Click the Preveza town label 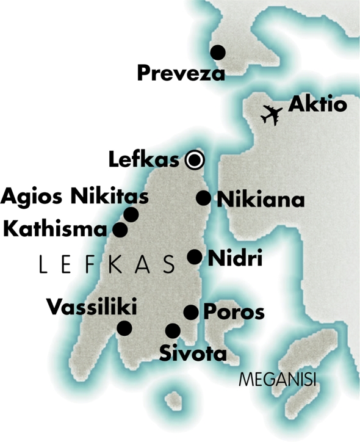[x=181, y=74]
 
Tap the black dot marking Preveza [x=218, y=53]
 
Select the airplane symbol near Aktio [x=271, y=114]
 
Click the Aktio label [x=317, y=104]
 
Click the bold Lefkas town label [x=144, y=160]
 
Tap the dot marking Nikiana [x=203, y=198]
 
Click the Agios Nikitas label [x=74, y=197]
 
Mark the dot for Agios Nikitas [x=131, y=214]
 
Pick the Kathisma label [x=56, y=230]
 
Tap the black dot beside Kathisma [x=120, y=230]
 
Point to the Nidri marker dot [x=194, y=257]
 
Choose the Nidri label [x=236, y=258]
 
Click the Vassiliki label [x=92, y=306]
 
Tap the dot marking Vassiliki [x=124, y=328]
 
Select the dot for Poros [x=191, y=313]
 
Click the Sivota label [x=193, y=353]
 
